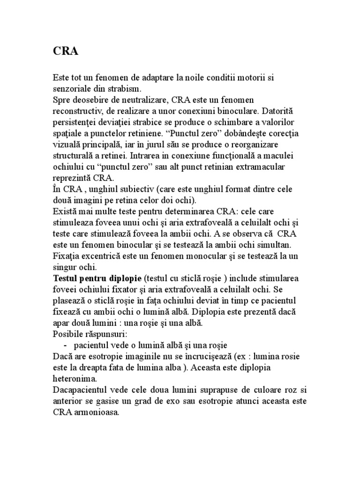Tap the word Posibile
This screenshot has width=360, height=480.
coord(67,335)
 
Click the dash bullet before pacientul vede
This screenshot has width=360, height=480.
coord(64,346)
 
